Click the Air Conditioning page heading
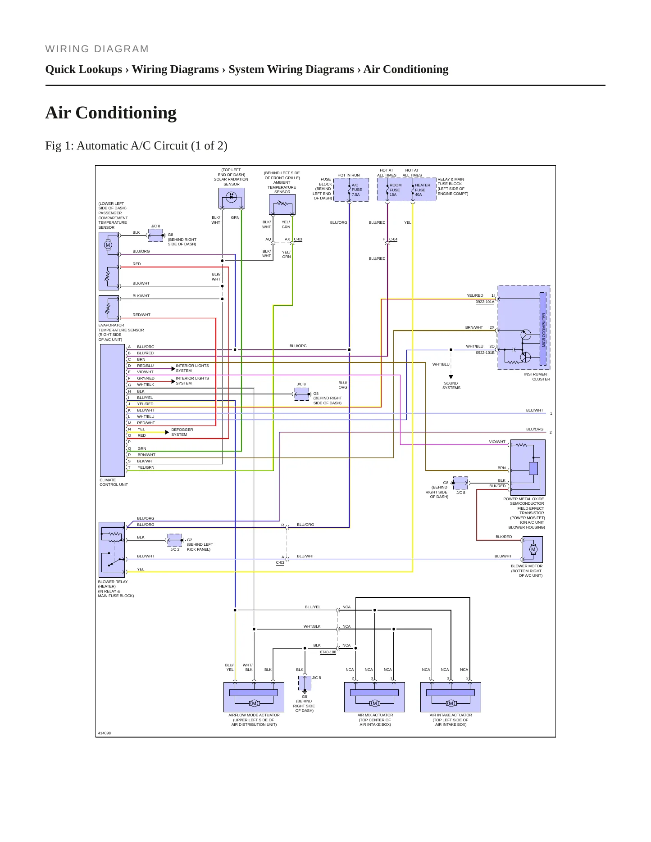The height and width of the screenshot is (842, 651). click(111, 113)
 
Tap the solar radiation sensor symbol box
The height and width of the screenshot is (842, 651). click(232, 198)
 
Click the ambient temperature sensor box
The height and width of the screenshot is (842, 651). click(282, 205)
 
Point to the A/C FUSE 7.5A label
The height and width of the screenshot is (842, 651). click(357, 190)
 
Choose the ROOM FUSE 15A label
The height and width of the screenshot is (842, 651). click(395, 190)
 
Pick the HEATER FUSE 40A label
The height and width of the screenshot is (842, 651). click(422, 190)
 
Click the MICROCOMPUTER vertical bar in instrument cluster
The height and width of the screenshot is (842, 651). click(543, 329)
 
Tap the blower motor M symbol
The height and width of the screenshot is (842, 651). click(533, 549)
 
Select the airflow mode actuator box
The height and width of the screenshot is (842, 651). click(254, 697)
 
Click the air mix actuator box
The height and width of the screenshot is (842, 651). click(375, 697)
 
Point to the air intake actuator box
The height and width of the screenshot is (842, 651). click(451, 697)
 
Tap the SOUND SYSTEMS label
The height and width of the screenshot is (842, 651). click(451, 385)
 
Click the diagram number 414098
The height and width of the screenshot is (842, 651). click(105, 733)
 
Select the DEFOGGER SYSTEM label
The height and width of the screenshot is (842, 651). click(182, 432)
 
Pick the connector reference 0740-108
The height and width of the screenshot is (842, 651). click(328, 652)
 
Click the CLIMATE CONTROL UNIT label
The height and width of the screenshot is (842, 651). click(114, 482)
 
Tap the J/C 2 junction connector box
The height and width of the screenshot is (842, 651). click(175, 540)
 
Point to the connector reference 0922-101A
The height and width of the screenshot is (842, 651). click(485, 302)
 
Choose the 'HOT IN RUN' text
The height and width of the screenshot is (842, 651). click(349, 175)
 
